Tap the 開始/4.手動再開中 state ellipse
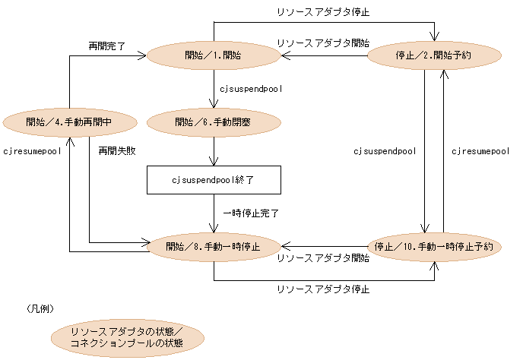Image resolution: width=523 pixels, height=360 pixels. coord(69,122)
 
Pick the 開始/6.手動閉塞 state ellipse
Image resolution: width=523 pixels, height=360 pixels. coord(214,122)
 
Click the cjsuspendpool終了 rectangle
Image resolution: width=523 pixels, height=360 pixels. coord(214,181)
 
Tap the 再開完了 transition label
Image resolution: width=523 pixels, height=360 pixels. coord(106,46)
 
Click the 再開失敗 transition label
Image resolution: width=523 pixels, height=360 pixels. coord(116,151)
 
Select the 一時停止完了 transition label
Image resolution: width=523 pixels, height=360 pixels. coord(250,213)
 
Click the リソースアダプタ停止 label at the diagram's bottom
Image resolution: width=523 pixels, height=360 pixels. coord(323,289)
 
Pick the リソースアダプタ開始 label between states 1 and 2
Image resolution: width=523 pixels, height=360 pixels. coord(323,43)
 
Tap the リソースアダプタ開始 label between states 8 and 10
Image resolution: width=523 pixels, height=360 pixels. coord(323,258)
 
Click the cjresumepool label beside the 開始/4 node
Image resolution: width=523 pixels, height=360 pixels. coord(31,151)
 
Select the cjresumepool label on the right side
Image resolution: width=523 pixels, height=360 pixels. coord(480,151)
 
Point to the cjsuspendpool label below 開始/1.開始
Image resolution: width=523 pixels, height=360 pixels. coord(251,89)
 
